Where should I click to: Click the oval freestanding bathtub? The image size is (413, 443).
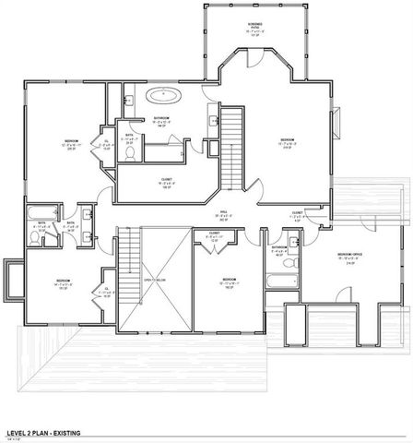(166, 94)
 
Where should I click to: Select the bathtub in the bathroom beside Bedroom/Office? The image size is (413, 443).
(276, 283)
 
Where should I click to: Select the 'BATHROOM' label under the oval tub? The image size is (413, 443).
(162, 117)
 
